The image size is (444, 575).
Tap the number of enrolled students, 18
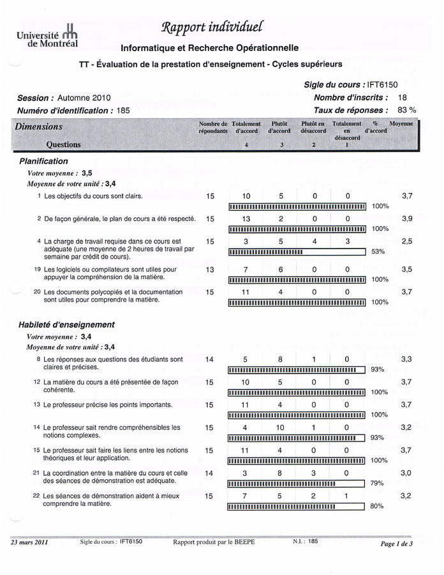(402, 97)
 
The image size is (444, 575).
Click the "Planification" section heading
(43, 162)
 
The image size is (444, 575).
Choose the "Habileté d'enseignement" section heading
(66, 325)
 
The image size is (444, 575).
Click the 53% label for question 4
(379, 252)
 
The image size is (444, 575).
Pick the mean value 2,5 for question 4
(407, 241)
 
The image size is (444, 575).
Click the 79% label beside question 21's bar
(377, 484)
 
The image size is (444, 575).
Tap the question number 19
(38, 270)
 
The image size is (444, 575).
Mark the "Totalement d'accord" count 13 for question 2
(246, 218)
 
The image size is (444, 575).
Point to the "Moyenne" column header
(401, 123)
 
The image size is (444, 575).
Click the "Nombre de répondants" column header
(212, 127)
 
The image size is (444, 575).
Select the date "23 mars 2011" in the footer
(29, 542)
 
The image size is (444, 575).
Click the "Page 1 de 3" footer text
(396, 544)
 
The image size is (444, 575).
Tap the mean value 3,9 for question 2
(407, 218)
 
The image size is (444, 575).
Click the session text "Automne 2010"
(84, 98)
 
